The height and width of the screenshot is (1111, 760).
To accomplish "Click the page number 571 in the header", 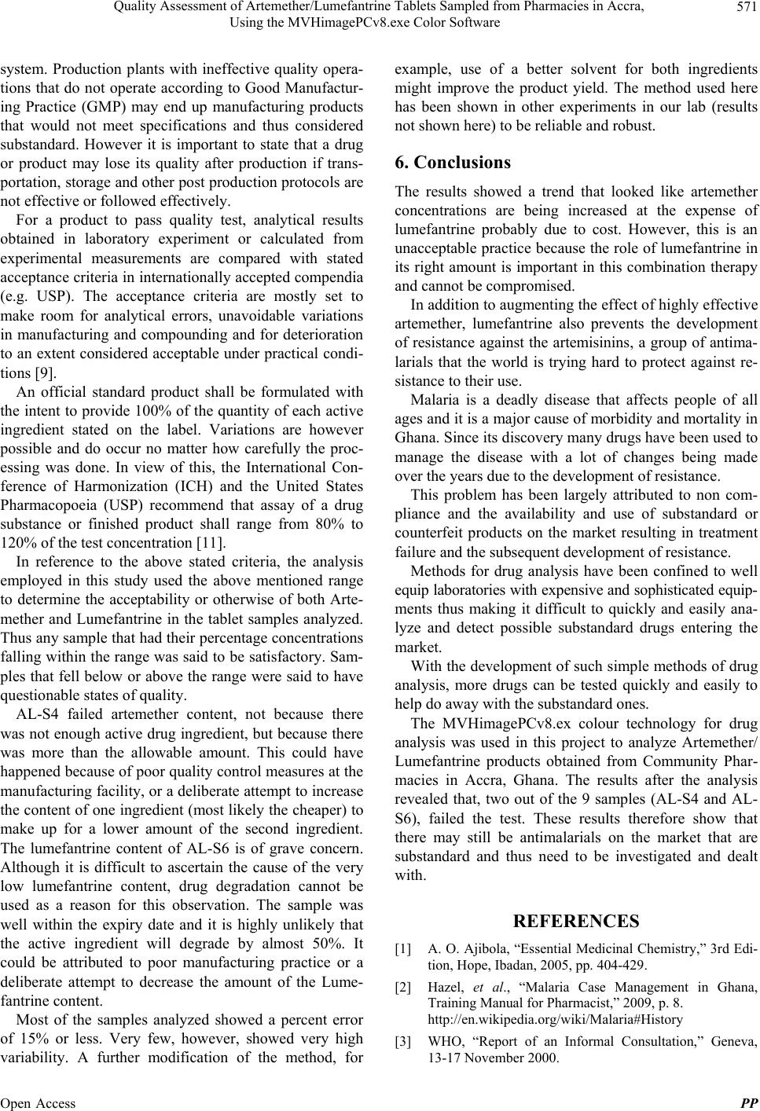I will point(743,8).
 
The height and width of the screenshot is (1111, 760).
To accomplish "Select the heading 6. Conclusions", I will point(453,163).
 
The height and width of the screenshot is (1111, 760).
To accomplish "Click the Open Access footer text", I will point(39,1103).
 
